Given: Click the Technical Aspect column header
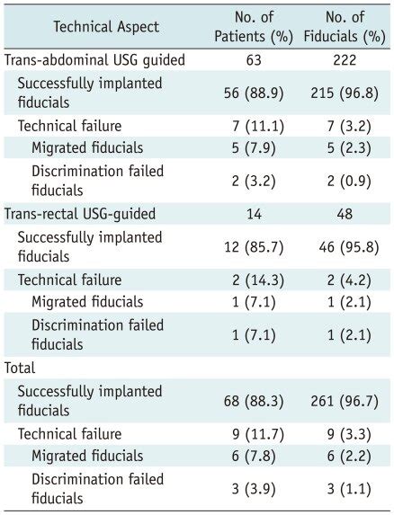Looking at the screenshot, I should point(106,26).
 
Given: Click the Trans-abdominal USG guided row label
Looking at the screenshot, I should point(95,60).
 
